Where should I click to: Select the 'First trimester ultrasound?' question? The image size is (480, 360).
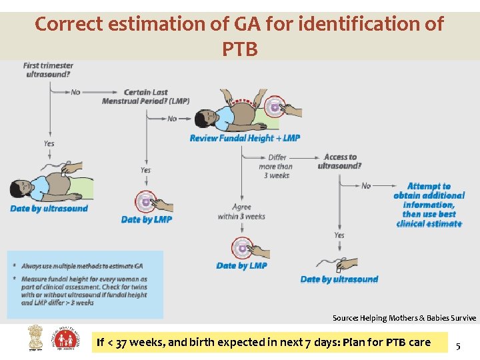click(x=48, y=70)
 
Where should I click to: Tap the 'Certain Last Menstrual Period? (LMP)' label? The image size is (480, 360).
click(x=145, y=97)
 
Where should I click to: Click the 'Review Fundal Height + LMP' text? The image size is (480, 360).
click(x=245, y=138)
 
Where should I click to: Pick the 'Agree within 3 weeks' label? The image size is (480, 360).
click(x=241, y=212)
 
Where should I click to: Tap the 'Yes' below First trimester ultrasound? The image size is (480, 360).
click(x=49, y=143)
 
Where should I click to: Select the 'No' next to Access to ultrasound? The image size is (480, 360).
click(x=366, y=185)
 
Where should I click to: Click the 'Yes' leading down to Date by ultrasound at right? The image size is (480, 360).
click(x=339, y=235)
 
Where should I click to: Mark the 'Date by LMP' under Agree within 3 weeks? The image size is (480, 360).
click(x=241, y=265)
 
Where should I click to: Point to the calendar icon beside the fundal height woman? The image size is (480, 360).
click(x=274, y=107)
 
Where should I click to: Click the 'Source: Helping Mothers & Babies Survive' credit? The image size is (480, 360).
click(x=404, y=318)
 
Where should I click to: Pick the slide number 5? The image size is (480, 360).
click(x=457, y=346)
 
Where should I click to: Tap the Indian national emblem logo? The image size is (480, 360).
click(x=34, y=338)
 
